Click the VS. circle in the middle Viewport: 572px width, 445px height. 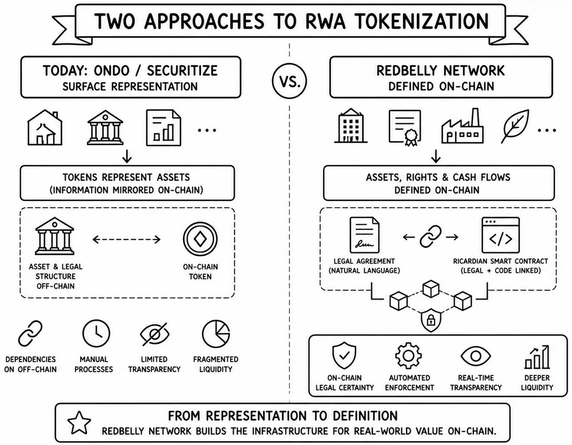[289, 81]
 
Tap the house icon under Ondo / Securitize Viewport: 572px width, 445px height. [45, 127]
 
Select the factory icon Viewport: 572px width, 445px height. [462, 126]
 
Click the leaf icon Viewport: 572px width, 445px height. [515, 126]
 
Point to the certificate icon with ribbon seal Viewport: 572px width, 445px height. [405, 128]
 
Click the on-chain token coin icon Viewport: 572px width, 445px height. [200, 239]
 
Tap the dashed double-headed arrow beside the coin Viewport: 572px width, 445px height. [127, 239]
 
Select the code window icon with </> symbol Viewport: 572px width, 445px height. [500, 235]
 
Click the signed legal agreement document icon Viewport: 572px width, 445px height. [364, 235]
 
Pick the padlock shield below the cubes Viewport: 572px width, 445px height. [431, 320]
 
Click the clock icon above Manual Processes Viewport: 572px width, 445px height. [96, 334]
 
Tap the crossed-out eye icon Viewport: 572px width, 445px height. [155, 334]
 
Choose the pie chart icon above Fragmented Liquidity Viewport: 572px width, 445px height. [216, 334]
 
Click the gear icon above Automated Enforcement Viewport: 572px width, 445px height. [409, 356]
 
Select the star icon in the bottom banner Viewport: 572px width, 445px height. [79, 423]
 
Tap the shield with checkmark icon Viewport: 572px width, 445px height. [344, 355]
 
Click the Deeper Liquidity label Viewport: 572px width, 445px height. [537, 383]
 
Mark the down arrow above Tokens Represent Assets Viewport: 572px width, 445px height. [127, 156]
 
